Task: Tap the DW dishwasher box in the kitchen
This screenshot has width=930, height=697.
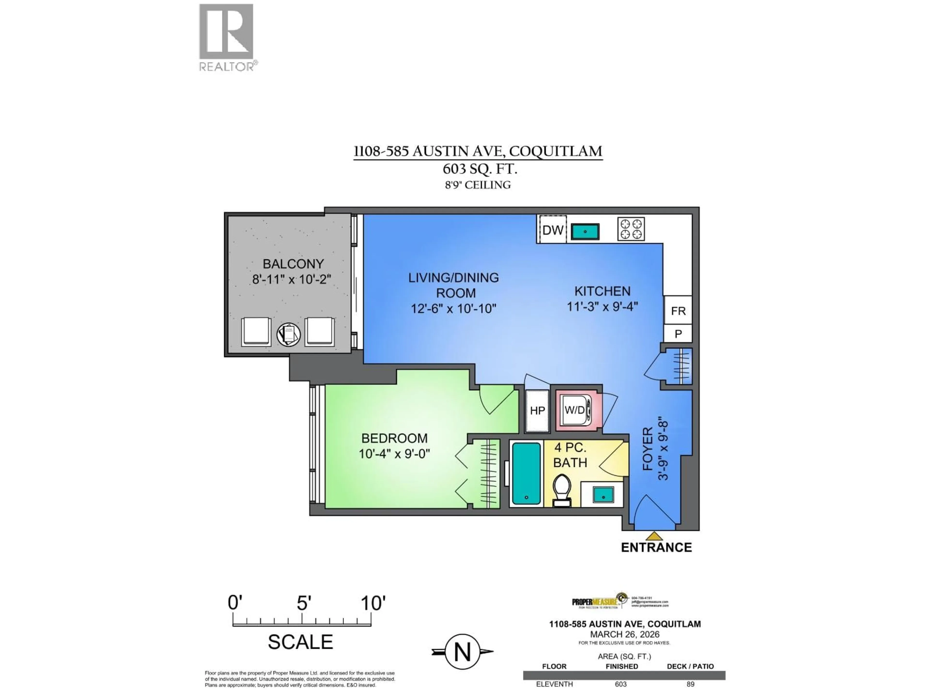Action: [552, 230]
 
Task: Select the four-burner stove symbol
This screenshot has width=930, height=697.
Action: [631, 229]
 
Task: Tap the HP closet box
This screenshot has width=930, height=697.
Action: [537, 410]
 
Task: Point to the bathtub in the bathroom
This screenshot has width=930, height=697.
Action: [526, 473]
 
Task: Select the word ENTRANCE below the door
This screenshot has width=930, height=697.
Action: [656, 547]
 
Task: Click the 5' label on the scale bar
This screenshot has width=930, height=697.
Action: [303, 603]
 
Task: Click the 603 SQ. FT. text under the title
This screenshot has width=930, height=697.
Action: [479, 169]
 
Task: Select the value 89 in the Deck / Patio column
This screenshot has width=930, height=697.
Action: [690, 684]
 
